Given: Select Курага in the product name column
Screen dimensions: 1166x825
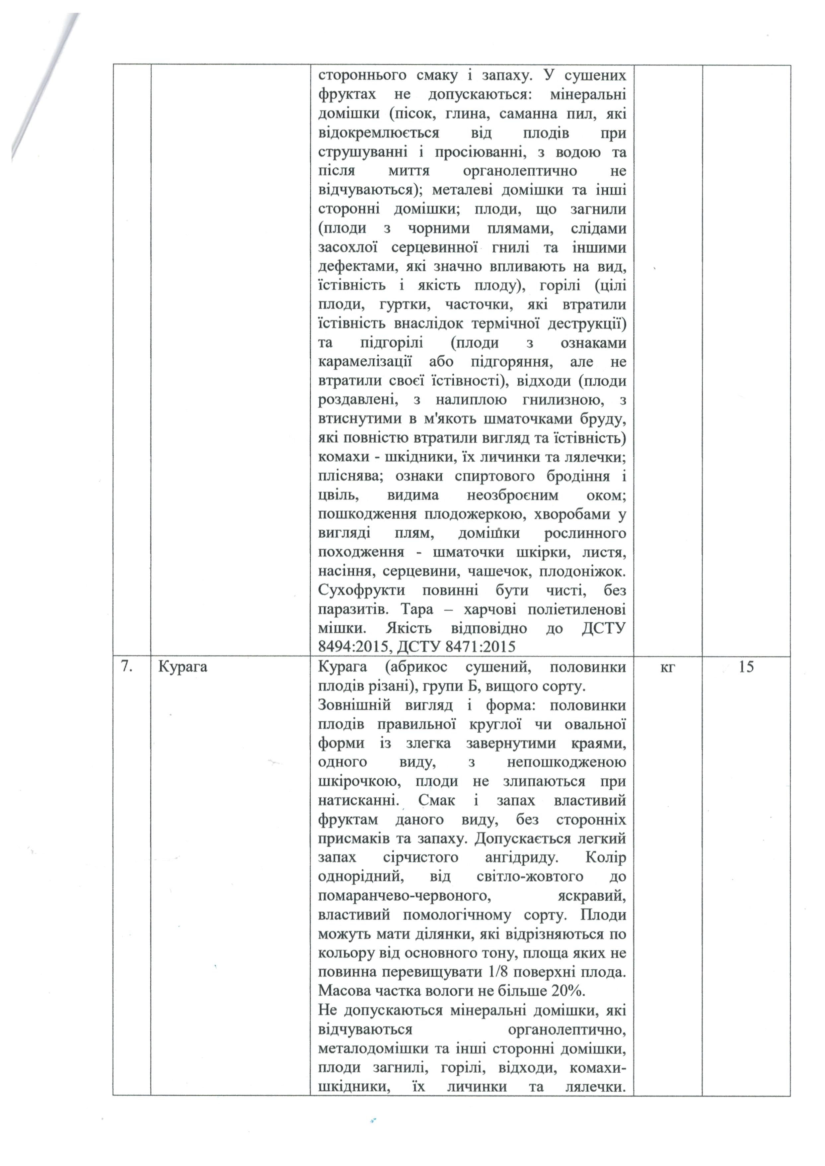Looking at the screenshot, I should [x=183, y=667].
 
